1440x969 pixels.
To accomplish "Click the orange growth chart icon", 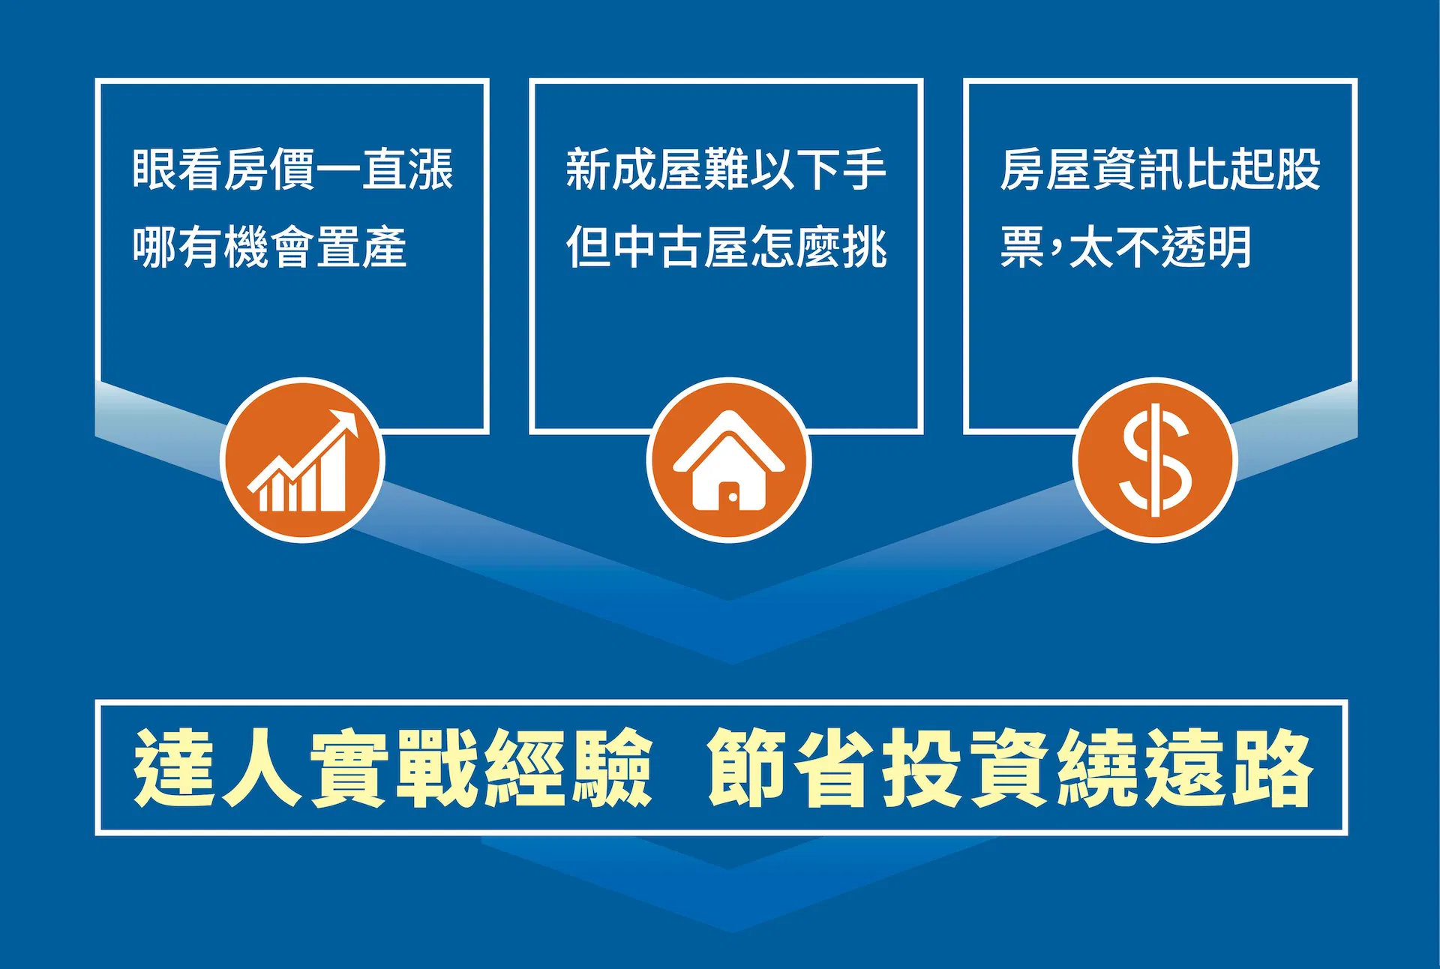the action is (x=302, y=460).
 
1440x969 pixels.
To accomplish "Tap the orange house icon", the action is (x=729, y=460).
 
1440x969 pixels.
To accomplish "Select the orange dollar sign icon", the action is (x=1155, y=460).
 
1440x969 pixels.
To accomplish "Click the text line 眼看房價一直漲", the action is (x=293, y=169).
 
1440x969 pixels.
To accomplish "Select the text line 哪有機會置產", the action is (x=270, y=247).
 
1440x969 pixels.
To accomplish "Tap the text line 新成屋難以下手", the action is (x=726, y=169).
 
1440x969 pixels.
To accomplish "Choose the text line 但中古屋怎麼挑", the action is (x=726, y=247).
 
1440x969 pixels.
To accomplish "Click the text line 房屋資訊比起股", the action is (x=1160, y=169).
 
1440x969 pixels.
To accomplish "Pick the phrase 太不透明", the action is (x=1160, y=247).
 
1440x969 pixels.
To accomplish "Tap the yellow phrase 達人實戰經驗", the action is (x=393, y=768).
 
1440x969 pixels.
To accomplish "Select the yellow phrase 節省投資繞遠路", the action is (x=1009, y=768).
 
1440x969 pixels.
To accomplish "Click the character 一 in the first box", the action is (x=339, y=170).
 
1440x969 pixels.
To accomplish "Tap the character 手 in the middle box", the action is (x=864, y=169).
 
